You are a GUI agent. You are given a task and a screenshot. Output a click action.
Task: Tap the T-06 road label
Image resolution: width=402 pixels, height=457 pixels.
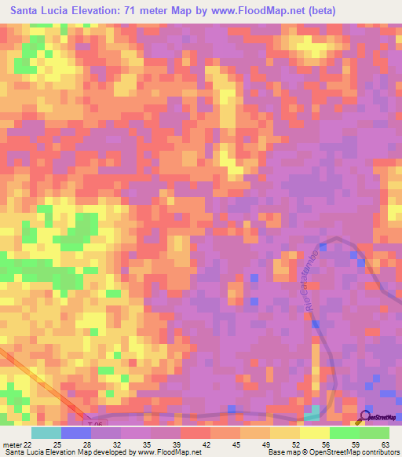pyautogui.click(x=95, y=424)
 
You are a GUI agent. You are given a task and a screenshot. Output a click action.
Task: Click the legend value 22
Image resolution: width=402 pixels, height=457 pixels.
pyautogui.click(x=31, y=444)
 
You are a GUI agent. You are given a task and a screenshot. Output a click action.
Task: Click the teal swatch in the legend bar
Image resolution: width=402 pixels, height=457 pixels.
pyautogui.click(x=46, y=433)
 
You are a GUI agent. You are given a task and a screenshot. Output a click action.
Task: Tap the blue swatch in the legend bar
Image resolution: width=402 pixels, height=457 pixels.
pyautogui.click(x=76, y=433)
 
